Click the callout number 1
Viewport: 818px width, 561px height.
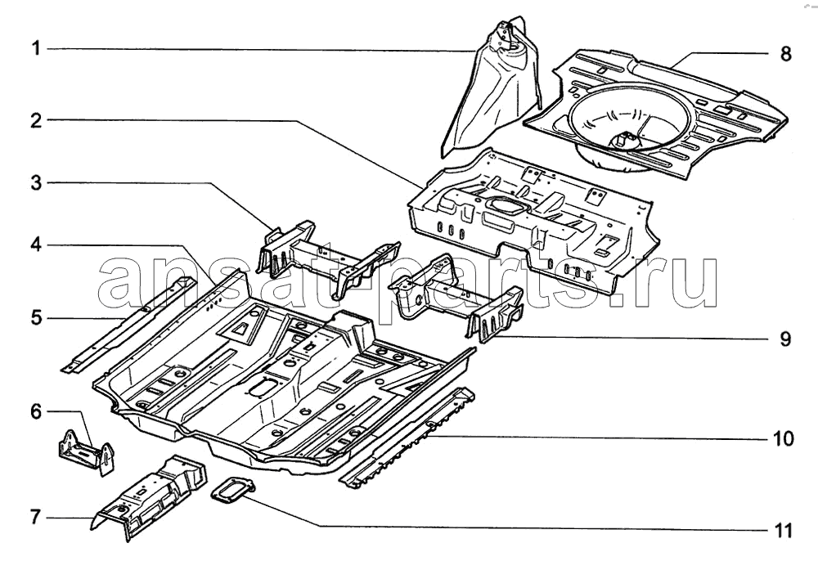pyautogui.click(x=36, y=49)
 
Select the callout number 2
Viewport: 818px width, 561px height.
pyautogui.click(x=36, y=120)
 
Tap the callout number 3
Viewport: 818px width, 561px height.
pyautogui.click(x=36, y=183)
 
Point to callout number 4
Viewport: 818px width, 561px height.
pyautogui.click(x=36, y=245)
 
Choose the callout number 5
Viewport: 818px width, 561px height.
pyautogui.click(x=36, y=317)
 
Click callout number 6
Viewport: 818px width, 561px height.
pyautogui.click(x=36, y=411)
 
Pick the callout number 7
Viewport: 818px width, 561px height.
pyautogui.click(x=36, y=517)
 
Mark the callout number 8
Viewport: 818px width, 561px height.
pyautogui.click(x=785, y=53)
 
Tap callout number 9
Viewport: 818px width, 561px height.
pyautogui.click(x=785, y=339)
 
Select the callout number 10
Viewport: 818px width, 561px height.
pyautogui.click(x=783, y=438)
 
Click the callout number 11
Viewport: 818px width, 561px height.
pyautogui.click(x=783, y=530)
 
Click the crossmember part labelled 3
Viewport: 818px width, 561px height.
pyautogui.click(x=329, y=258)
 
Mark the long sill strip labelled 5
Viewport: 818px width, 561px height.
pyautogui.click(x=129, y=325)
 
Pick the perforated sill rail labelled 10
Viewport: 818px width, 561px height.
pyautogui.click(x=407, y=438)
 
